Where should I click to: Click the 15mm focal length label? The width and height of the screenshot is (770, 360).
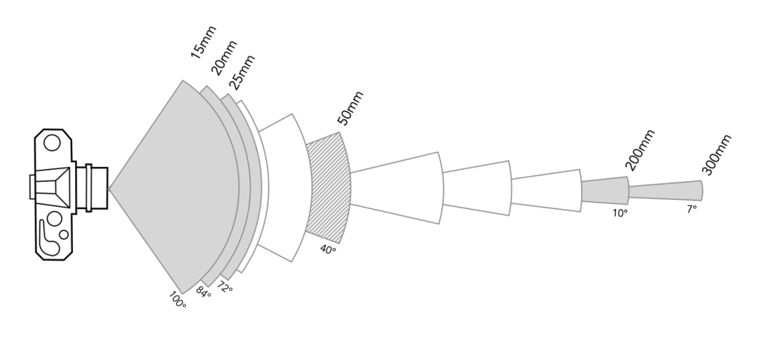(203, 42)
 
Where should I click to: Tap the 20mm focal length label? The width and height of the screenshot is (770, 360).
(224, 58)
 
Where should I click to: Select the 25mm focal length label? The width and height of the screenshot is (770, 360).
(241, 72)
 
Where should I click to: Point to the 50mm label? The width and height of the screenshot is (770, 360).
(350, 108)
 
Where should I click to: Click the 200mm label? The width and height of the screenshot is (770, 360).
(640, 150)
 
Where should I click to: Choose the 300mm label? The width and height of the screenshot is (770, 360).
(717, 154)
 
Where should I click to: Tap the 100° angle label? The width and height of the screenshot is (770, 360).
(177, 300)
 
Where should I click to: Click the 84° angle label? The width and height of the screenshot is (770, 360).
(203, 292)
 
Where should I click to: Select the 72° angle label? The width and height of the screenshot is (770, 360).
(224, 287)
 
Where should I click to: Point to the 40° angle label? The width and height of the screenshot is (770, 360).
(328, 250)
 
